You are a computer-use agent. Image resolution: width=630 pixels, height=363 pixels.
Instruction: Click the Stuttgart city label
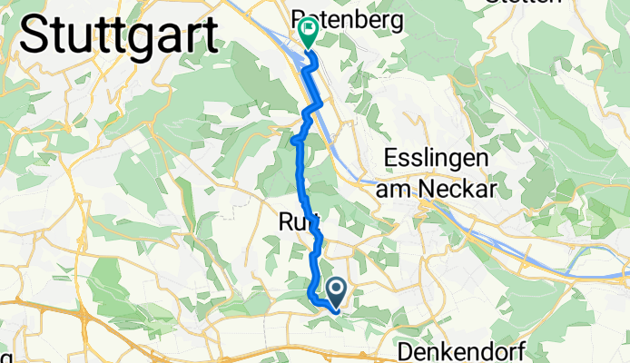(x=117, y=36)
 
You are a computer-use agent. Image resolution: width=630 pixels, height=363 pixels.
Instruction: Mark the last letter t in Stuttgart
(x=210, y=36)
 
